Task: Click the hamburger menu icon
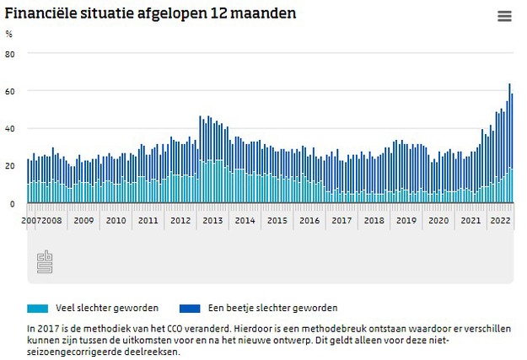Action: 504,16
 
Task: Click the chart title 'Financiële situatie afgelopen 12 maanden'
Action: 151,14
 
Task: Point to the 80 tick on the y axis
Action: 10,54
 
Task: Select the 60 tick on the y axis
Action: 10,91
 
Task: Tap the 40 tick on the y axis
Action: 10,129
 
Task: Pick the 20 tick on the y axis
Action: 10,166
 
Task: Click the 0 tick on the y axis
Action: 12,203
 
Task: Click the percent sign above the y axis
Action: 9,35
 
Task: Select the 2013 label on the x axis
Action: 212,220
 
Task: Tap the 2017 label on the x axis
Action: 341,220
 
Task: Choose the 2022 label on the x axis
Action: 501,220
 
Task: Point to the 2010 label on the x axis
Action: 116,220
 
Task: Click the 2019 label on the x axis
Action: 406,220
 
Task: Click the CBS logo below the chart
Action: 45,262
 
